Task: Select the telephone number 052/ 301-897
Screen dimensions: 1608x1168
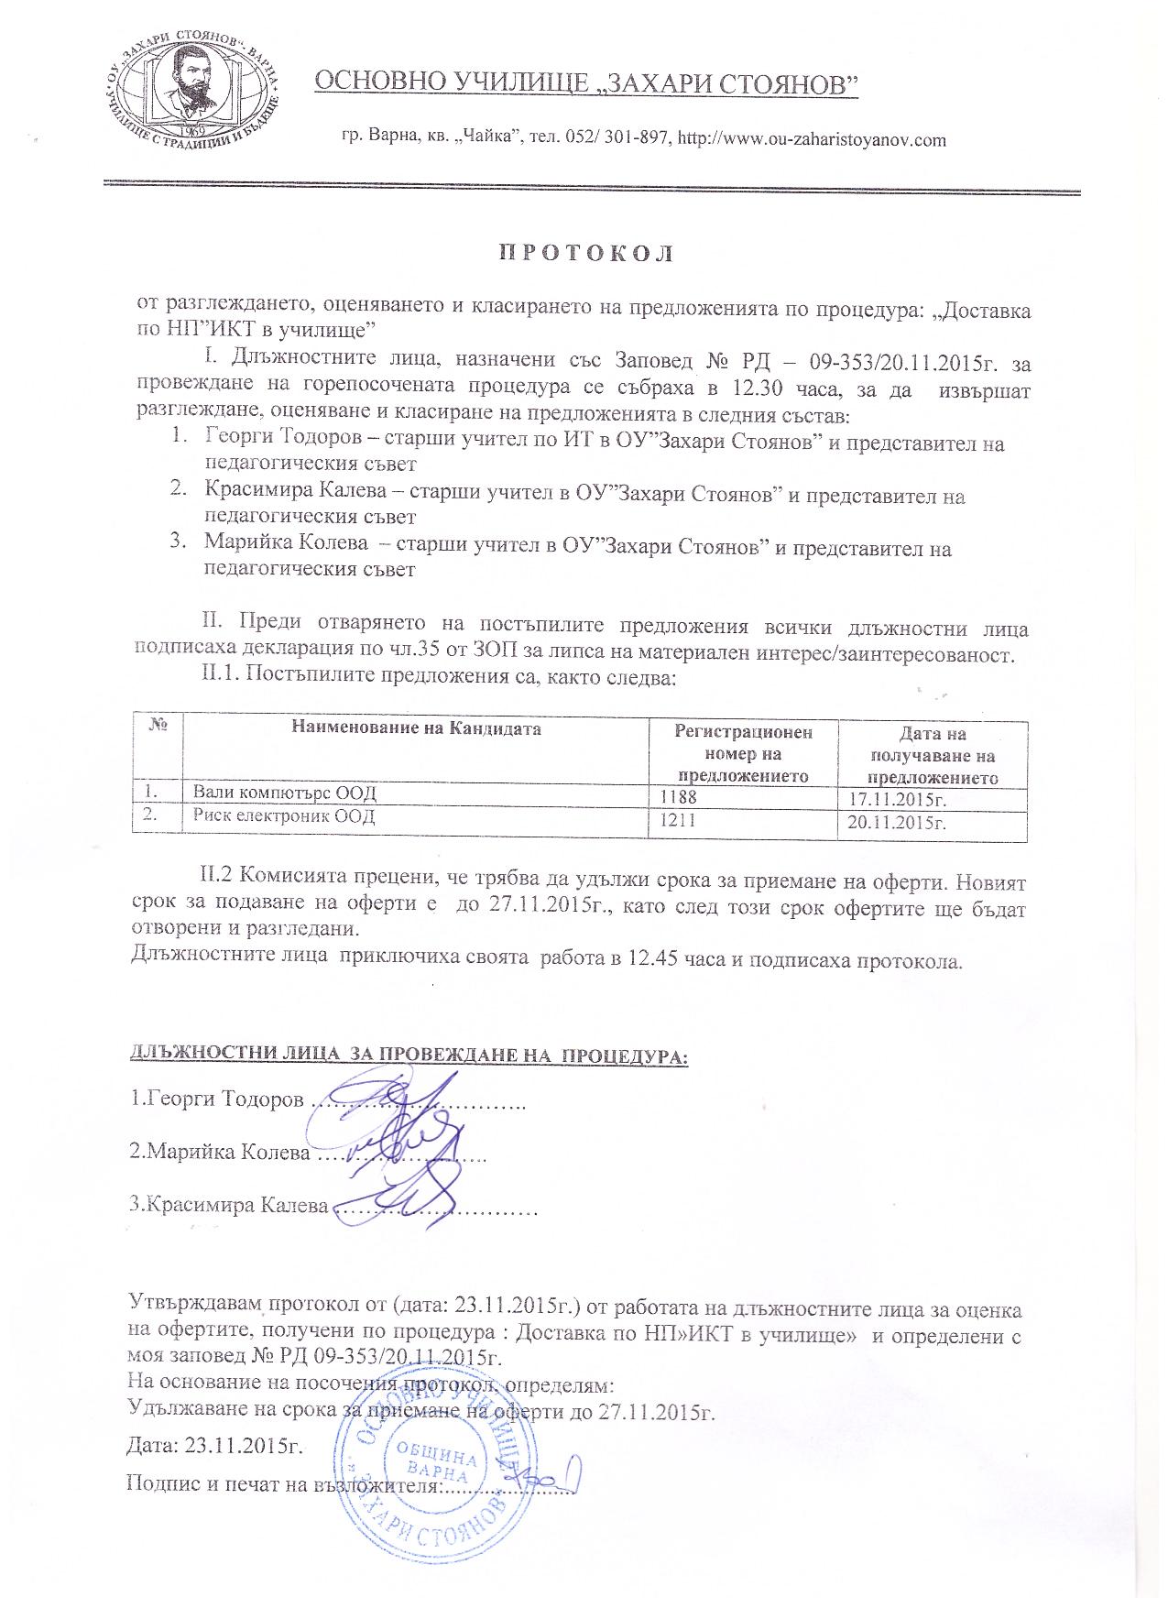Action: pyautogui.click(x=610, y=140)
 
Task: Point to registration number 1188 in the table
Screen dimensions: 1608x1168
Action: pyautogui.click(x=677, y=798)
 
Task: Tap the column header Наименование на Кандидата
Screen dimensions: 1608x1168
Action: pyautogui.click(x=416, y=729)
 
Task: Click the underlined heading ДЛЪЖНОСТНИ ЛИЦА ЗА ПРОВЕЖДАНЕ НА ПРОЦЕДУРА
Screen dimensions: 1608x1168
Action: pyautogui.click(x=409, y=1056)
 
